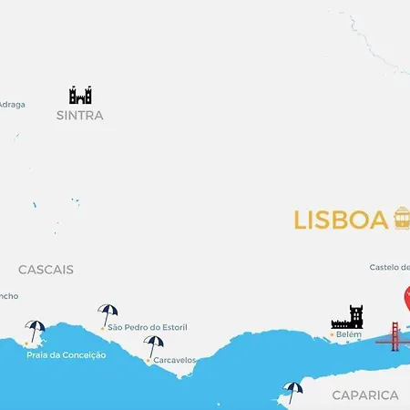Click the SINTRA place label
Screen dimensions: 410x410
point(80,116)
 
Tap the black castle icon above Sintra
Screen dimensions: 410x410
point(80,95)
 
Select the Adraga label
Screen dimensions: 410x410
point(12,104)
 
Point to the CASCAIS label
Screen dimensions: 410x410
point(46,270)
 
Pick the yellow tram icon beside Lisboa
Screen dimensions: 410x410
point(402,219)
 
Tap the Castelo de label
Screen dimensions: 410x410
point(390,267)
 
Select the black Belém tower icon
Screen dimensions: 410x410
point(347,317)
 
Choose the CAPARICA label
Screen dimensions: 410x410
point(365,395)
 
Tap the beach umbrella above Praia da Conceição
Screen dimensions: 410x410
point(36,331)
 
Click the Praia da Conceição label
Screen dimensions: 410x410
point(67,354)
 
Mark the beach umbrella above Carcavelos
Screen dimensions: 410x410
point(154,345)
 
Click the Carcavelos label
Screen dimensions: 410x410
point(175,360)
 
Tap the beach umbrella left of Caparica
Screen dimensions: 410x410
point(292,391)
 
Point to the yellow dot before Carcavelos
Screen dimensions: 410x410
point(149,360)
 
